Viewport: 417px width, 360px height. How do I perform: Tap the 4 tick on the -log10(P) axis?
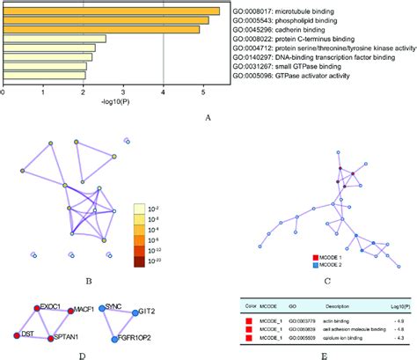click(x=164, y=91)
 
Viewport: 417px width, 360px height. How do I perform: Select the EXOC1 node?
click(x=37, y=307)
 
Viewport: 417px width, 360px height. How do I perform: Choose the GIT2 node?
click(x=136, y=312)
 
